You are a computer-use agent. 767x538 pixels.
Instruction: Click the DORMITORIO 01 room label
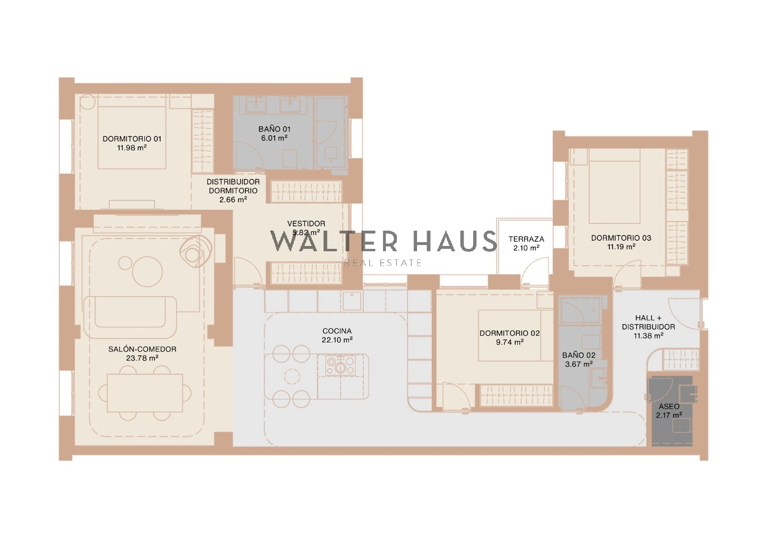[x=132, y=139]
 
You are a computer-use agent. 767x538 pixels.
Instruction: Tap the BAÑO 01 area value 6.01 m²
[x=274, y=138]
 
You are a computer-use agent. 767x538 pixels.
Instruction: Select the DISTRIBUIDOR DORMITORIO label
[x=233, y=187]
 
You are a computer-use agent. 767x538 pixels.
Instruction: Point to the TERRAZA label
[x=526, y=239]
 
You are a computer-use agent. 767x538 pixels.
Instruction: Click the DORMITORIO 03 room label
[x=621, y=238]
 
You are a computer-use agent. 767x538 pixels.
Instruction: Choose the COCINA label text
[x=337, y=331]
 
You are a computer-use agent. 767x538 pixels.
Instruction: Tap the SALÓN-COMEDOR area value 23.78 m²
[x=142, y=358]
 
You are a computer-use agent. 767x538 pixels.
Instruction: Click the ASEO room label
[x=669, y=407]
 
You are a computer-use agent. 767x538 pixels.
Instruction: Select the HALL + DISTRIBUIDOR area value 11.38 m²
[x=649, y=336]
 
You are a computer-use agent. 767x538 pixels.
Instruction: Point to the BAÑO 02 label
[x=579, y=355]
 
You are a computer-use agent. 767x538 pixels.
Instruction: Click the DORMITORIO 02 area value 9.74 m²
[x=510, y=342]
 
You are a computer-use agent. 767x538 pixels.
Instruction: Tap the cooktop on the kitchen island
[x=340, y=365]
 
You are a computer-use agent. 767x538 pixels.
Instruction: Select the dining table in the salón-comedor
[x=145, y=393]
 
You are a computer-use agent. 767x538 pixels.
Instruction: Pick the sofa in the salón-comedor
[x=130, y=317]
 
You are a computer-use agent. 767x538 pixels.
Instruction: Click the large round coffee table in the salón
[x=147, y=272]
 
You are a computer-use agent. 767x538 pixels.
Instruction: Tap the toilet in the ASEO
[x=682, y=426]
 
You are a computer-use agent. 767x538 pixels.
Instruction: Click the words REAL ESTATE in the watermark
[x=383, y=263]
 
